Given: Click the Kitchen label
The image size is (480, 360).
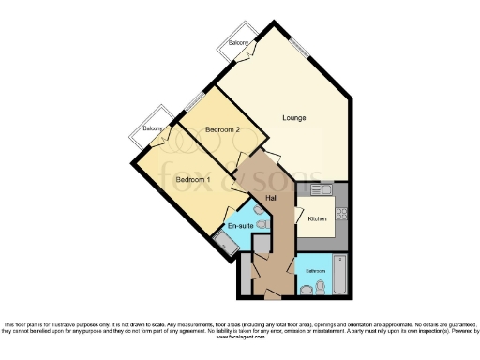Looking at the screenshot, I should click(316, 218).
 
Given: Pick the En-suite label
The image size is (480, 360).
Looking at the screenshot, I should click(239, 226).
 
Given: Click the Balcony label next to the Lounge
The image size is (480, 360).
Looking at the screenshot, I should click(238, 43).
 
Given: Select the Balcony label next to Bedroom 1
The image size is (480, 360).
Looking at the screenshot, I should click(152, 127).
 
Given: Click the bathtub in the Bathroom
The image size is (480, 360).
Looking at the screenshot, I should click(339, 273).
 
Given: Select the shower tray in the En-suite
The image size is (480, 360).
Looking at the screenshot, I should click(225, 246).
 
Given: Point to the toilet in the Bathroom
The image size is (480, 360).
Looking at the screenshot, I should click(320, 286).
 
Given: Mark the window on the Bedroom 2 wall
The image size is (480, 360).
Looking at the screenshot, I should click(194, 102).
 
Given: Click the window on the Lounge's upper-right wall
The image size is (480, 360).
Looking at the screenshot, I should click(300, 45).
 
